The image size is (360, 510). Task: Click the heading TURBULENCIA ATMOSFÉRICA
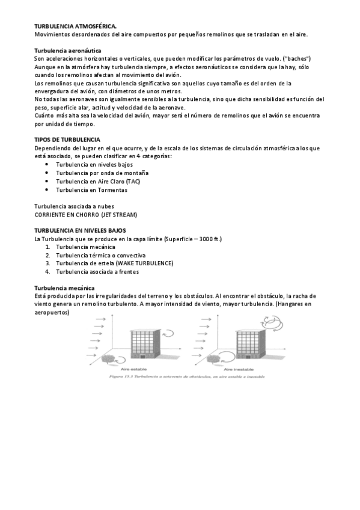click(75, 26)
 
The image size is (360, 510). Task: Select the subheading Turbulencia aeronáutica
click(67, 51)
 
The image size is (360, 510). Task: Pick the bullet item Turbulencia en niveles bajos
click(94, 164)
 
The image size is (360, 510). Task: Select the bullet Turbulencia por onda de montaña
click(102, 173)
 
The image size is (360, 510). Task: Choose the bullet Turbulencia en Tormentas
click(91, 189)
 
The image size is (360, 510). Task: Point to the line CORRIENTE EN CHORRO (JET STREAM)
click(86, 214)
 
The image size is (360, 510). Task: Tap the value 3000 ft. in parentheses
click(208, 239)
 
